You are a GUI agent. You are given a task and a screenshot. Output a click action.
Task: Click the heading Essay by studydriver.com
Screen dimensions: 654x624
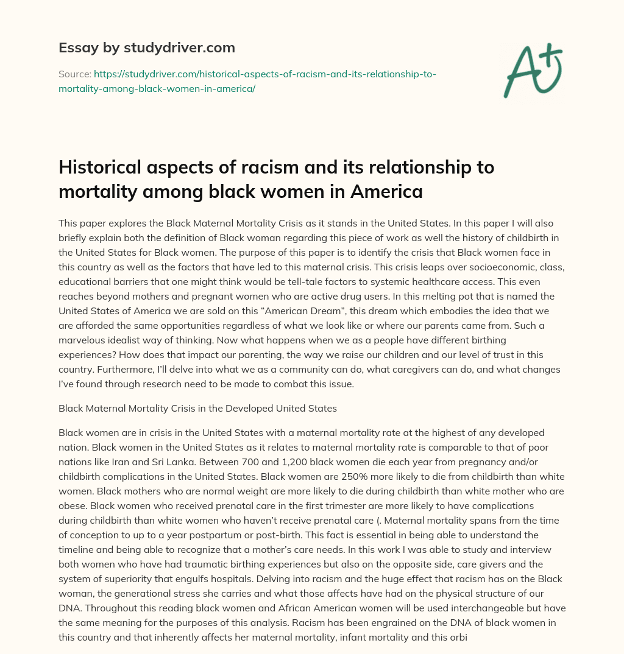(x=146, y=47)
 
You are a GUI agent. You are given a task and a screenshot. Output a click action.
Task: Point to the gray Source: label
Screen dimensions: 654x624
(x=74, y=74)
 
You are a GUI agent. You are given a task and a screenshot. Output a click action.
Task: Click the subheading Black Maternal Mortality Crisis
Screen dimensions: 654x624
(x=197, y=408)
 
